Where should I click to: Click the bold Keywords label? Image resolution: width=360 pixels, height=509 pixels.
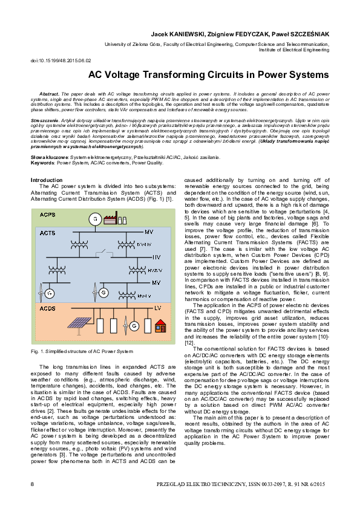42,163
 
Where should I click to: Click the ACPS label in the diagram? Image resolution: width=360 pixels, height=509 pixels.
49,215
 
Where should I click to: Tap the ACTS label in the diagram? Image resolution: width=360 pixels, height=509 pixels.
48,232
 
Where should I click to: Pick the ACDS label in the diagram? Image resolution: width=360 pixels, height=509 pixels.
48,308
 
